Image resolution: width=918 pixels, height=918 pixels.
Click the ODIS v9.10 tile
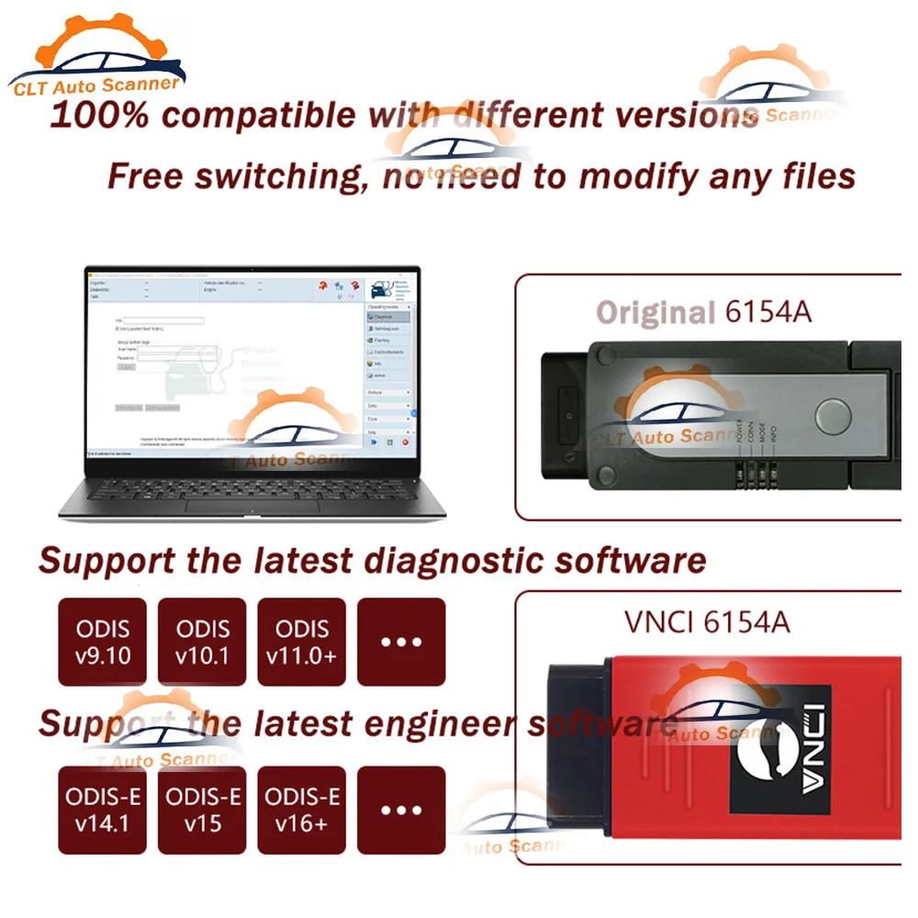click(x=103, y=642)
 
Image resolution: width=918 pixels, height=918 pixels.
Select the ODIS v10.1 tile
click(x=202, y=642)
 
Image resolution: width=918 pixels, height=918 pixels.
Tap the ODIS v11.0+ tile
click(x=301, y=642)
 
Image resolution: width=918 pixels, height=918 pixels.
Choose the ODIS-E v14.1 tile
click(x=103, y=810)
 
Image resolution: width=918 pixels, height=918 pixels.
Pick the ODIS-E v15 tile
click(x=202, y=810)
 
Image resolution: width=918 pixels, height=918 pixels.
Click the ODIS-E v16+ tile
click(x=301, y=810)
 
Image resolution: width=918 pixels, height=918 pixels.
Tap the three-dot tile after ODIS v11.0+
click(x=401, y=642)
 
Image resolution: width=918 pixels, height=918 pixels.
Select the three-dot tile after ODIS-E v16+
click(x=401, y=810)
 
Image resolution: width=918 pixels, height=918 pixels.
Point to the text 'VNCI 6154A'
click(x=707, y=621)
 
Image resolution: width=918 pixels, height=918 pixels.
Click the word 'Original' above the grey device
click(x=655, y=312)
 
